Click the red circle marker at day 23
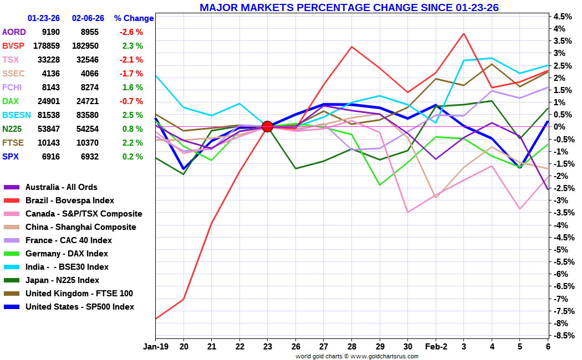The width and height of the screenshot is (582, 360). click(x=267, y=126)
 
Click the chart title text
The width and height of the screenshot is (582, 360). click(x=349, y=7)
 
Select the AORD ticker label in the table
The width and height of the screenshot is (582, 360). click(x=14, y=32)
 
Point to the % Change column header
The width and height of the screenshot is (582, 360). click(x=134, y=18)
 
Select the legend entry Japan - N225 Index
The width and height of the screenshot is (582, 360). click(x=62, y=280)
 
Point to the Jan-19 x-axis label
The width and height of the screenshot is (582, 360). click(x=155, y=346)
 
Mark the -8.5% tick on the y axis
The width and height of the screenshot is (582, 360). click(x=563, y=336)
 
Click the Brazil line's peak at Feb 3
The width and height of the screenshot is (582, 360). click(x=463, y=33)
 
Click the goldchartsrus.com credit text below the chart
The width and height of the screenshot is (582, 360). click(x=357, y=356)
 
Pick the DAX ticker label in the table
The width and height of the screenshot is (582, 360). click(x=11, y=101)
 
